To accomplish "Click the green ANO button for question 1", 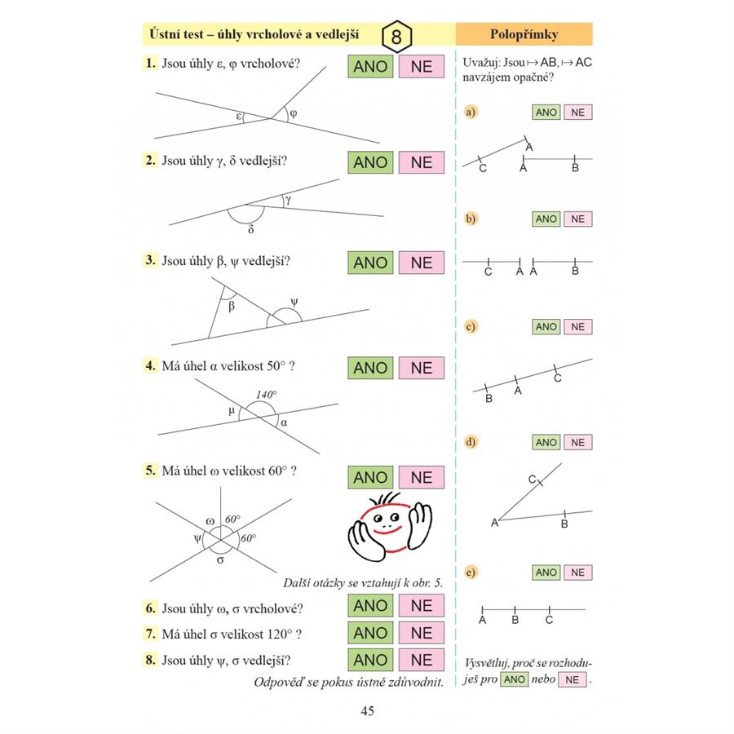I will pos(370,66).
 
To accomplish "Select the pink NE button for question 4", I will pos(421,368).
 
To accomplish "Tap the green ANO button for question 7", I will pos(370,632).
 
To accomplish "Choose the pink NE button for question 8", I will pos(421,659).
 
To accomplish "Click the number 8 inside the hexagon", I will pos(396,38).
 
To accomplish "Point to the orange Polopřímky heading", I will pos(524,34).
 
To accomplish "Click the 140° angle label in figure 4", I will pos(267,395).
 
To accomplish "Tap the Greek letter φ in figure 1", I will pos(293,113).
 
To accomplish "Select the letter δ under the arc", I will pos(251,229).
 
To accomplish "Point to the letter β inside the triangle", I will pos(232,307).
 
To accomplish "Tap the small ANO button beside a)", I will pos(546,113).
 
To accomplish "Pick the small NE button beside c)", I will pos(577,327).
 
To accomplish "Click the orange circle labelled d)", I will pos(470,442).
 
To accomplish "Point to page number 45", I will pos(367,711).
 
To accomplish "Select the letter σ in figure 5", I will pos(220,561).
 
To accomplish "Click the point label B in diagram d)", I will pos(564,524).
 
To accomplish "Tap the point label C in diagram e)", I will pos(549,620).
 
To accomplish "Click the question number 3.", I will pos(150,261).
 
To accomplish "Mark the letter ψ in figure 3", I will pos(294,301).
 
